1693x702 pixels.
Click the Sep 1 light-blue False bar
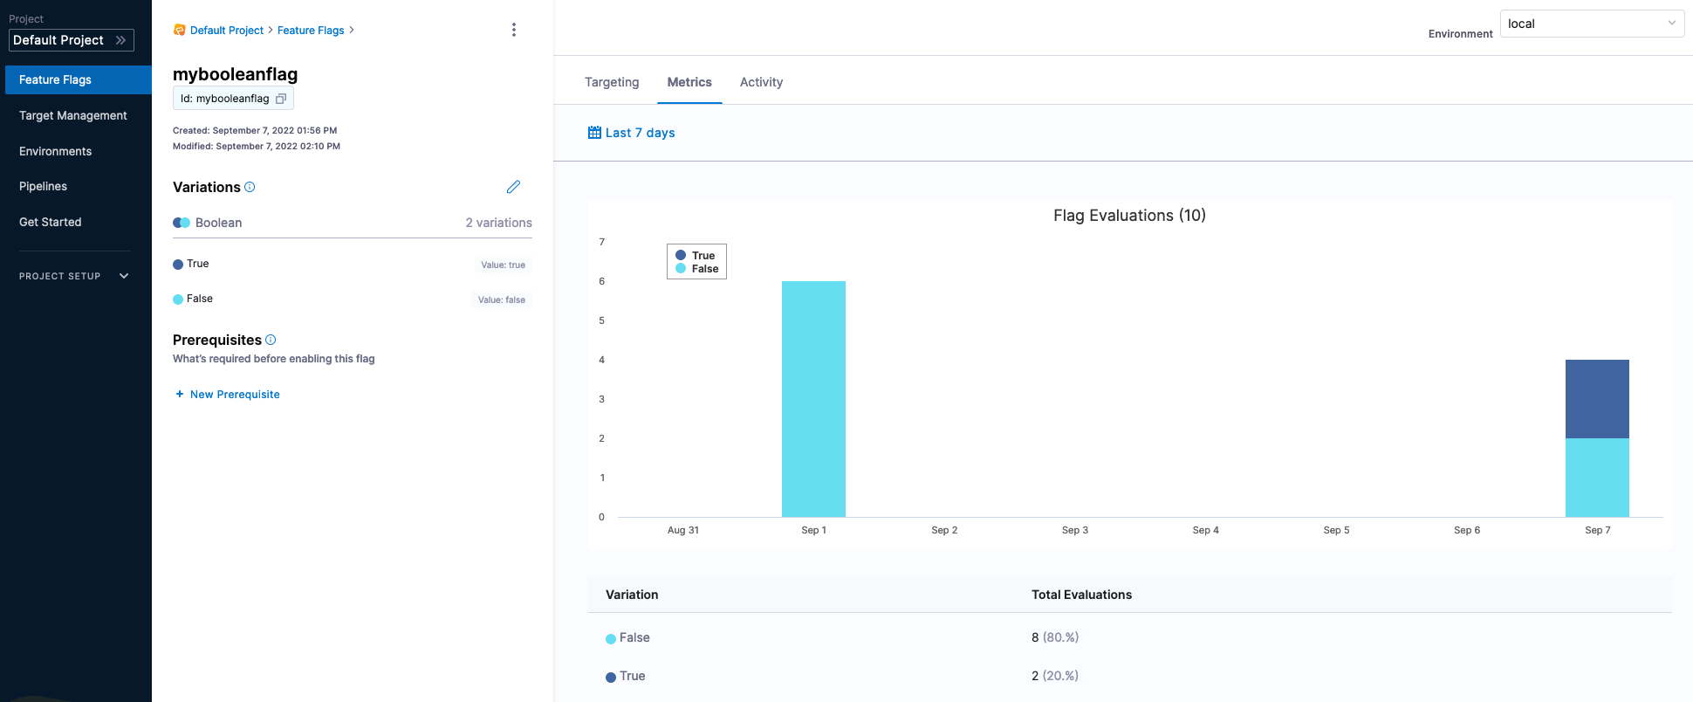coord(813,399)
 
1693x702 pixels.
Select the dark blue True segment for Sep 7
coord(1597,399)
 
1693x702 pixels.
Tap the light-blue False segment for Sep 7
coord(1597,478)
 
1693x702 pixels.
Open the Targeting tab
coord(612,82)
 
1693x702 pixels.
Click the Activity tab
coord(761,82)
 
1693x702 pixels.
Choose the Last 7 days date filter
coord(632,133)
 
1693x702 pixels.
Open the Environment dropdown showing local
coord(1592,24)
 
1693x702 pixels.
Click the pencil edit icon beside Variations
coord(513,187)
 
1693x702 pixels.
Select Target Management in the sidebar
coord(73,115)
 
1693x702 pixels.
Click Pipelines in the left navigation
coord(44,186)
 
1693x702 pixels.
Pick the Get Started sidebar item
coord(51,222)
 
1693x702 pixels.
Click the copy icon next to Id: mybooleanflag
coord(281,99)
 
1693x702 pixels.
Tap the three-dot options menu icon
coord(514,30)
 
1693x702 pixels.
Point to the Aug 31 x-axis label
coord(683,530)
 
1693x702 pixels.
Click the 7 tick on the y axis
coord(601,242)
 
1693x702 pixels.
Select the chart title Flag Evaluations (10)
coord(1129,216)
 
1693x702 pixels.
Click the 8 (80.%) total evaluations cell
coord(1054,637)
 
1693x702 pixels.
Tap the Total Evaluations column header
coord(1081,595)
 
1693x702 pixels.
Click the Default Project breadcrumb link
coord(227,31)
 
